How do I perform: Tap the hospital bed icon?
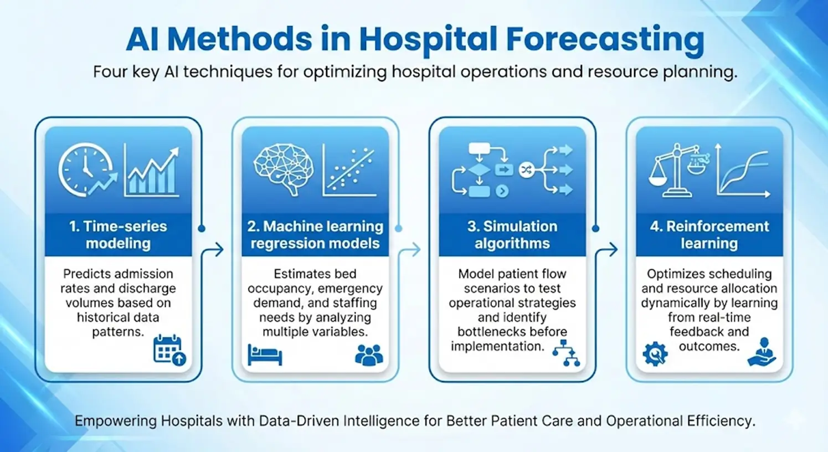pos(265,355)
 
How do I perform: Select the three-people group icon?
pos(369,355)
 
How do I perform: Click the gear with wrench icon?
pos(655,354)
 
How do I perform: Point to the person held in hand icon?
pos(762,352)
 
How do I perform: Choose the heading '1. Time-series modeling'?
pos(118,235)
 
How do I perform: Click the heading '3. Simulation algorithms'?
pos(512,235)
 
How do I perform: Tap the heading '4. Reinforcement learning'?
pos(709,235)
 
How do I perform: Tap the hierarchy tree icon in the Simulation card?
pos(566,353)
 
